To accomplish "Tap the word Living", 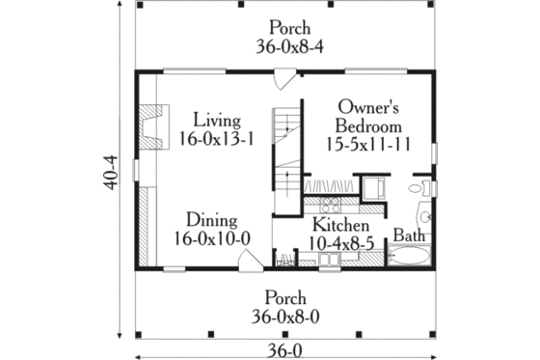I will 215,120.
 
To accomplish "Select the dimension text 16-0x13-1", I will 216,139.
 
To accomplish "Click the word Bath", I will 409,235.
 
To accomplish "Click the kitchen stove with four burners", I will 329,205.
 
